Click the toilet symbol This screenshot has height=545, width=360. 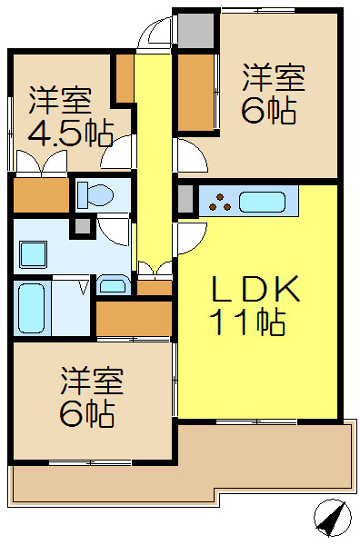click(93, 193)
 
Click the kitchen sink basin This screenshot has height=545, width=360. click(264, 201)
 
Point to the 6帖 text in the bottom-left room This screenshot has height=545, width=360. click(87, 412)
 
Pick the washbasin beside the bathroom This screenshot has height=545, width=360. click(114, 285)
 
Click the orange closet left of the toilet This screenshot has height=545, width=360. click(40, 194)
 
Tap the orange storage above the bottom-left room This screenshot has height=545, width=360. click(134, 317)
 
